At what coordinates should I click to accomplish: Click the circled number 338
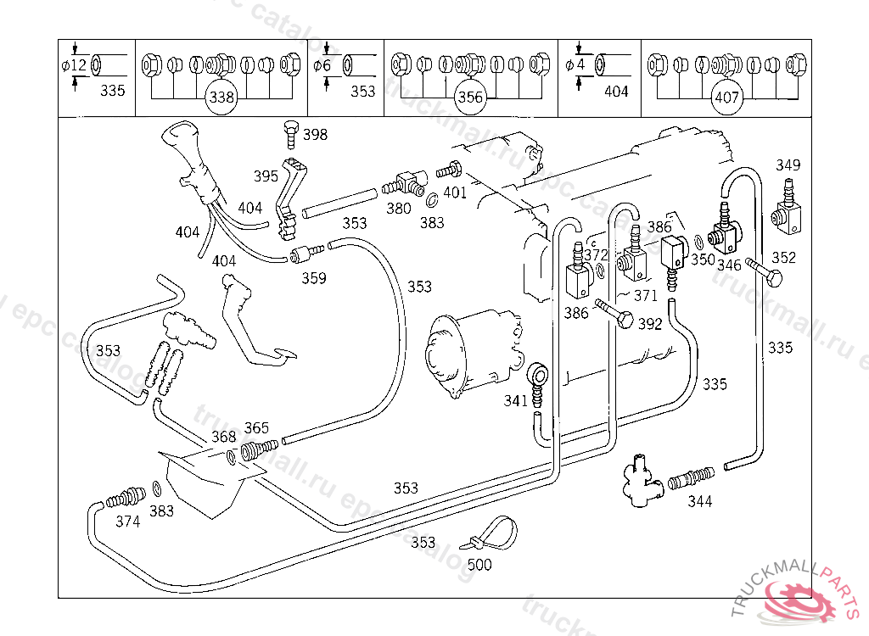[221, 98]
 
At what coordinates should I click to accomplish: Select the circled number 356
[470, 98]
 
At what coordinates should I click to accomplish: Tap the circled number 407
[727, 98]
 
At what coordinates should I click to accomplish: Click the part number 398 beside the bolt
[315, 135]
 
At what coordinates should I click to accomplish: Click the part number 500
[479, 565]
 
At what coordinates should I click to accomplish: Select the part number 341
[515, 400]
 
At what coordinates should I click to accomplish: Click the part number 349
[788, 165]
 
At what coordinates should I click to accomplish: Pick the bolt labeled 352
[766, 276]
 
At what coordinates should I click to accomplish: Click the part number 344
[700, 501]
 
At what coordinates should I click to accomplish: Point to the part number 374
[127, 522]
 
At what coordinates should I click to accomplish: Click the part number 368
[223, 437]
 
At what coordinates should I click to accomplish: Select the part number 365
[256, 427]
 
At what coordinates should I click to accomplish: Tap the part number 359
[314, 277]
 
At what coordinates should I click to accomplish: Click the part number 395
[266, 176]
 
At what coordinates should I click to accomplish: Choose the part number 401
[455, 192]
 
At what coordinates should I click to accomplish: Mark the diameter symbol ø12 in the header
[74, 65]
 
